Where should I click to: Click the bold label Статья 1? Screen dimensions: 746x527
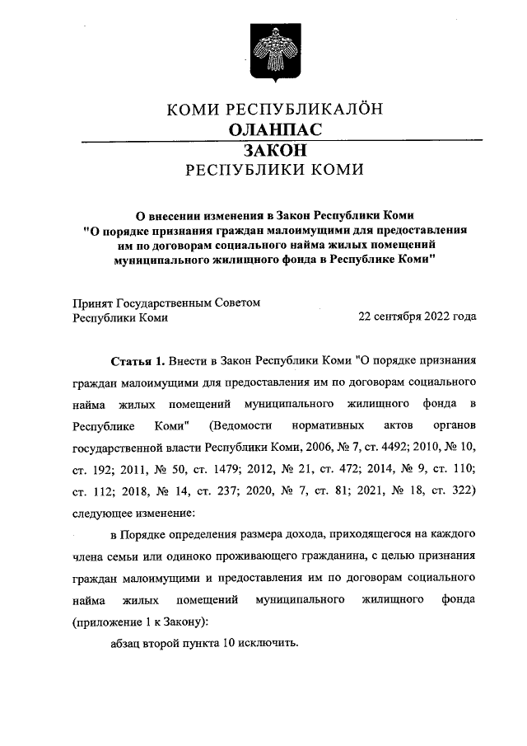tap(138, 361)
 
